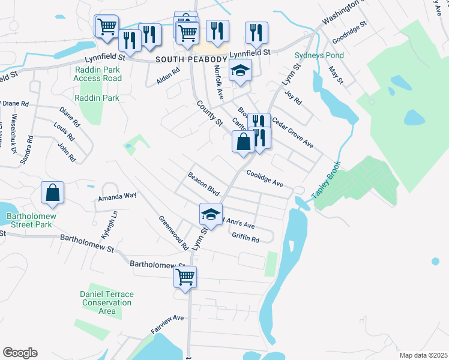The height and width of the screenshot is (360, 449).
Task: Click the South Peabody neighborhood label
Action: point(191,59)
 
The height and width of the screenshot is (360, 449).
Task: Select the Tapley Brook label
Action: point(326,180)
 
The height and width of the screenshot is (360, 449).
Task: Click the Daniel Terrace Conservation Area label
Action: point(107,302)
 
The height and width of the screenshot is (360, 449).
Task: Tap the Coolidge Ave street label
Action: point(264,179)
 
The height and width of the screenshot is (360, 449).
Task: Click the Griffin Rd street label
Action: point(245,238)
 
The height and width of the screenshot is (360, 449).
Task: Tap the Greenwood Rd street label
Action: point(173,233)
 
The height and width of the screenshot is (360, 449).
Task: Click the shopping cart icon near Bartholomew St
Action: point(185,277)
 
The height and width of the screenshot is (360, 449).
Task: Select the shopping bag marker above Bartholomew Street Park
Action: point(53,193)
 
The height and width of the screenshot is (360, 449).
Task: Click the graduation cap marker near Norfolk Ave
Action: point(241,71)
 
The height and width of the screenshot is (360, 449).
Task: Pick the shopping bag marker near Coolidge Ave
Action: point(243,143)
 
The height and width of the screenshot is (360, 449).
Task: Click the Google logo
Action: point(20,353)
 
